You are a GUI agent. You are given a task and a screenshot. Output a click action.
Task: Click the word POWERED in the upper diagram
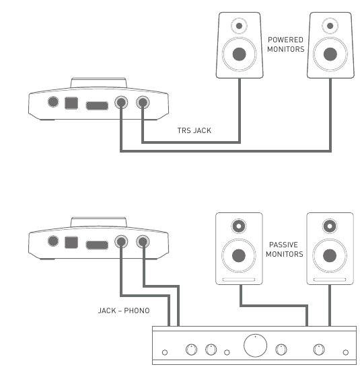286,40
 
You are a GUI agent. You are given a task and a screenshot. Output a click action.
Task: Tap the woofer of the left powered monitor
239,54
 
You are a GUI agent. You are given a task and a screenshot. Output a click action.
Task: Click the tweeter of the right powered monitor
330,26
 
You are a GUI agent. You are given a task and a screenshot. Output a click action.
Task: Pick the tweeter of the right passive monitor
330,225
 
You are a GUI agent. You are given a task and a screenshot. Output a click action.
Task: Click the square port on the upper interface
72,103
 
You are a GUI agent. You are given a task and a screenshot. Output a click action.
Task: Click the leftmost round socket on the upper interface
52,103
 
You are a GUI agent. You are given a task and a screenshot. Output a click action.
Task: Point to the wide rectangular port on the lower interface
98,243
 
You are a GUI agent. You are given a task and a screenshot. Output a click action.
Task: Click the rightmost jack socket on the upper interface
143,103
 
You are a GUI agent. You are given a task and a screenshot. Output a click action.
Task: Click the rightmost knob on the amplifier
319,349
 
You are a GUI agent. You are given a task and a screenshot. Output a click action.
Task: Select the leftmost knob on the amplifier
191,349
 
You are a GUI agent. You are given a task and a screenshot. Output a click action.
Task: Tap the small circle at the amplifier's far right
345,351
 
